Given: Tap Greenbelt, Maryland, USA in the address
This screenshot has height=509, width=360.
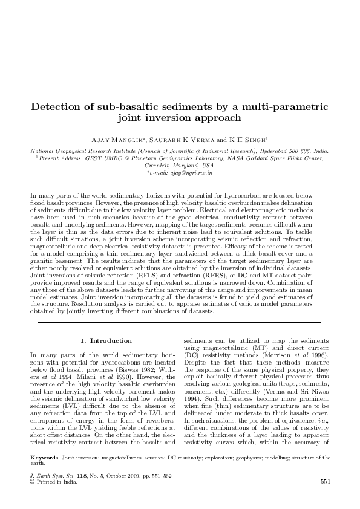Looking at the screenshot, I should [180, 165].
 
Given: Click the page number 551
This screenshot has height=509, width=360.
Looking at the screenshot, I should [324, 482].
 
